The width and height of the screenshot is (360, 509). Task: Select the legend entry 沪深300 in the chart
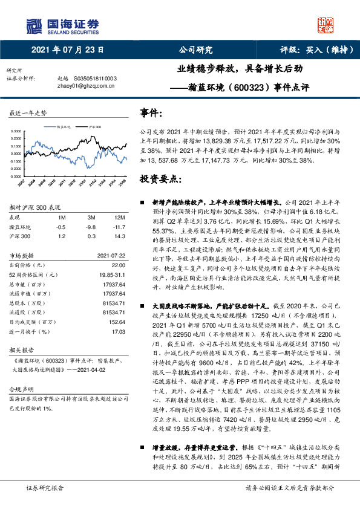94,127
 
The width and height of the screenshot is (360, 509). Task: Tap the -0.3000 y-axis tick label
17,177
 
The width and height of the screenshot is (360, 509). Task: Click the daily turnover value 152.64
116,323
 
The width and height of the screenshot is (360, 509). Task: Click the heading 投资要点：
160,180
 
